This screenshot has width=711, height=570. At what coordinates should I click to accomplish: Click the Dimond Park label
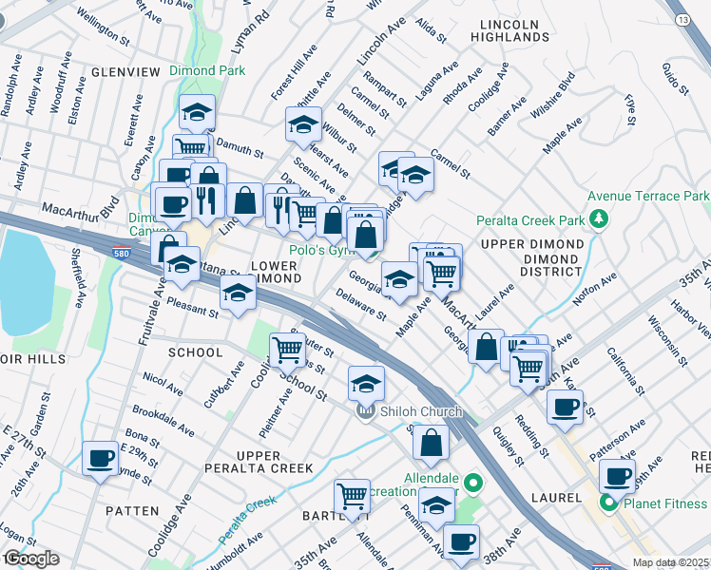207,70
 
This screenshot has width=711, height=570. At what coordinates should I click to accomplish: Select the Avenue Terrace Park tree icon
598,220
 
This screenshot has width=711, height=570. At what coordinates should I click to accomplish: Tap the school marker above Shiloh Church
366,383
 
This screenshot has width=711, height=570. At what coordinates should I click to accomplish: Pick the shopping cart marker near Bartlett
352,496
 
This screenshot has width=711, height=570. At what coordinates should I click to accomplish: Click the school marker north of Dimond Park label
197,111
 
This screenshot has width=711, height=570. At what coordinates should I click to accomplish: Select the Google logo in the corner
30,559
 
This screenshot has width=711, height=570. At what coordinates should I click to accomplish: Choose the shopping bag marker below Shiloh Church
431,442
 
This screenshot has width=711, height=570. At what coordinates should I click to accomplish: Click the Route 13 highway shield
682,18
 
